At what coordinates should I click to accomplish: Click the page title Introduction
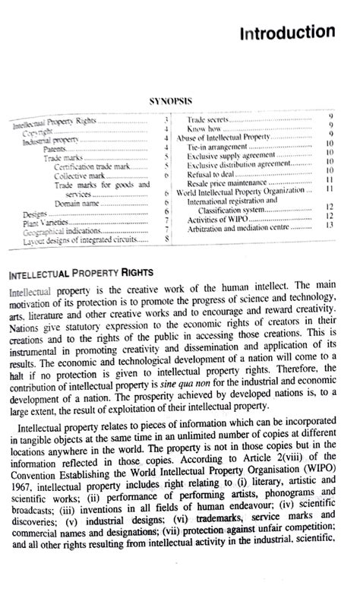click(x=286, y=33)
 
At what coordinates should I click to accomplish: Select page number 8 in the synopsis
click(x=166, y=238)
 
